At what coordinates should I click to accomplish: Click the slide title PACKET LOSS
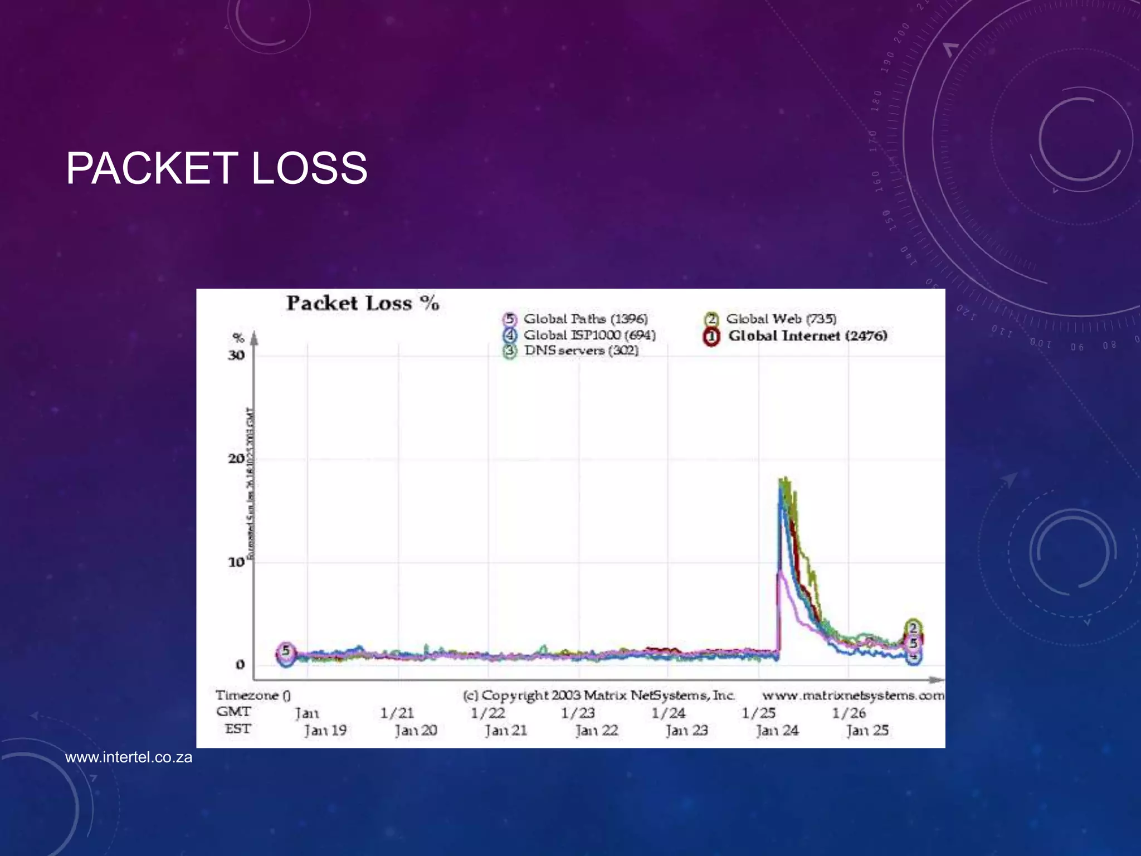tap(216, 168)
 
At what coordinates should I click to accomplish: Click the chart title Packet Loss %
tap(363, 304)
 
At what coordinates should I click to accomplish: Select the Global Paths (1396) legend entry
tap(585, 319)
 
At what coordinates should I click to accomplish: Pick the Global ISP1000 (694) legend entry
tap(589, 335)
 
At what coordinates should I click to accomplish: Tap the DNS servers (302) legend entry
tap(581, 351)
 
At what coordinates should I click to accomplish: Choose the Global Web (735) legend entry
tap(781, 319)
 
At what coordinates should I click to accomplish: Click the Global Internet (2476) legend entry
tap(807, 335)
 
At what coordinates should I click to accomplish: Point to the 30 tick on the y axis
tap(236, 356)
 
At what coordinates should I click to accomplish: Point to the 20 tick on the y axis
tap(236, 459)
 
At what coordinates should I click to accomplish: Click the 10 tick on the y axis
tap(236, 562)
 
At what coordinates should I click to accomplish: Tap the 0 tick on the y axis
tap(240, 664)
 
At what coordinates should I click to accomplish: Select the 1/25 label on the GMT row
tap(758, 713)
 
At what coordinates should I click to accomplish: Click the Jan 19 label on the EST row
tap(325, 730)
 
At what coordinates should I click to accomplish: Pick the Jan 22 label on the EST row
tap(597, 730)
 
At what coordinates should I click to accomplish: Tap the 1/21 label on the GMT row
tap(397, 713)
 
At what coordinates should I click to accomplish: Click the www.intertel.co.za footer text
tap(129, 757)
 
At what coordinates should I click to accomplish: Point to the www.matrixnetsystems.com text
tap(853, 695)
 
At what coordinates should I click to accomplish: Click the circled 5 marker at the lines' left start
tap(286, 651)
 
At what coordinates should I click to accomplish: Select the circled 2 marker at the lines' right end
tap(913, 628)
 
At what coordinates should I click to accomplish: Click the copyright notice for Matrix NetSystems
tap(599, 695)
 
